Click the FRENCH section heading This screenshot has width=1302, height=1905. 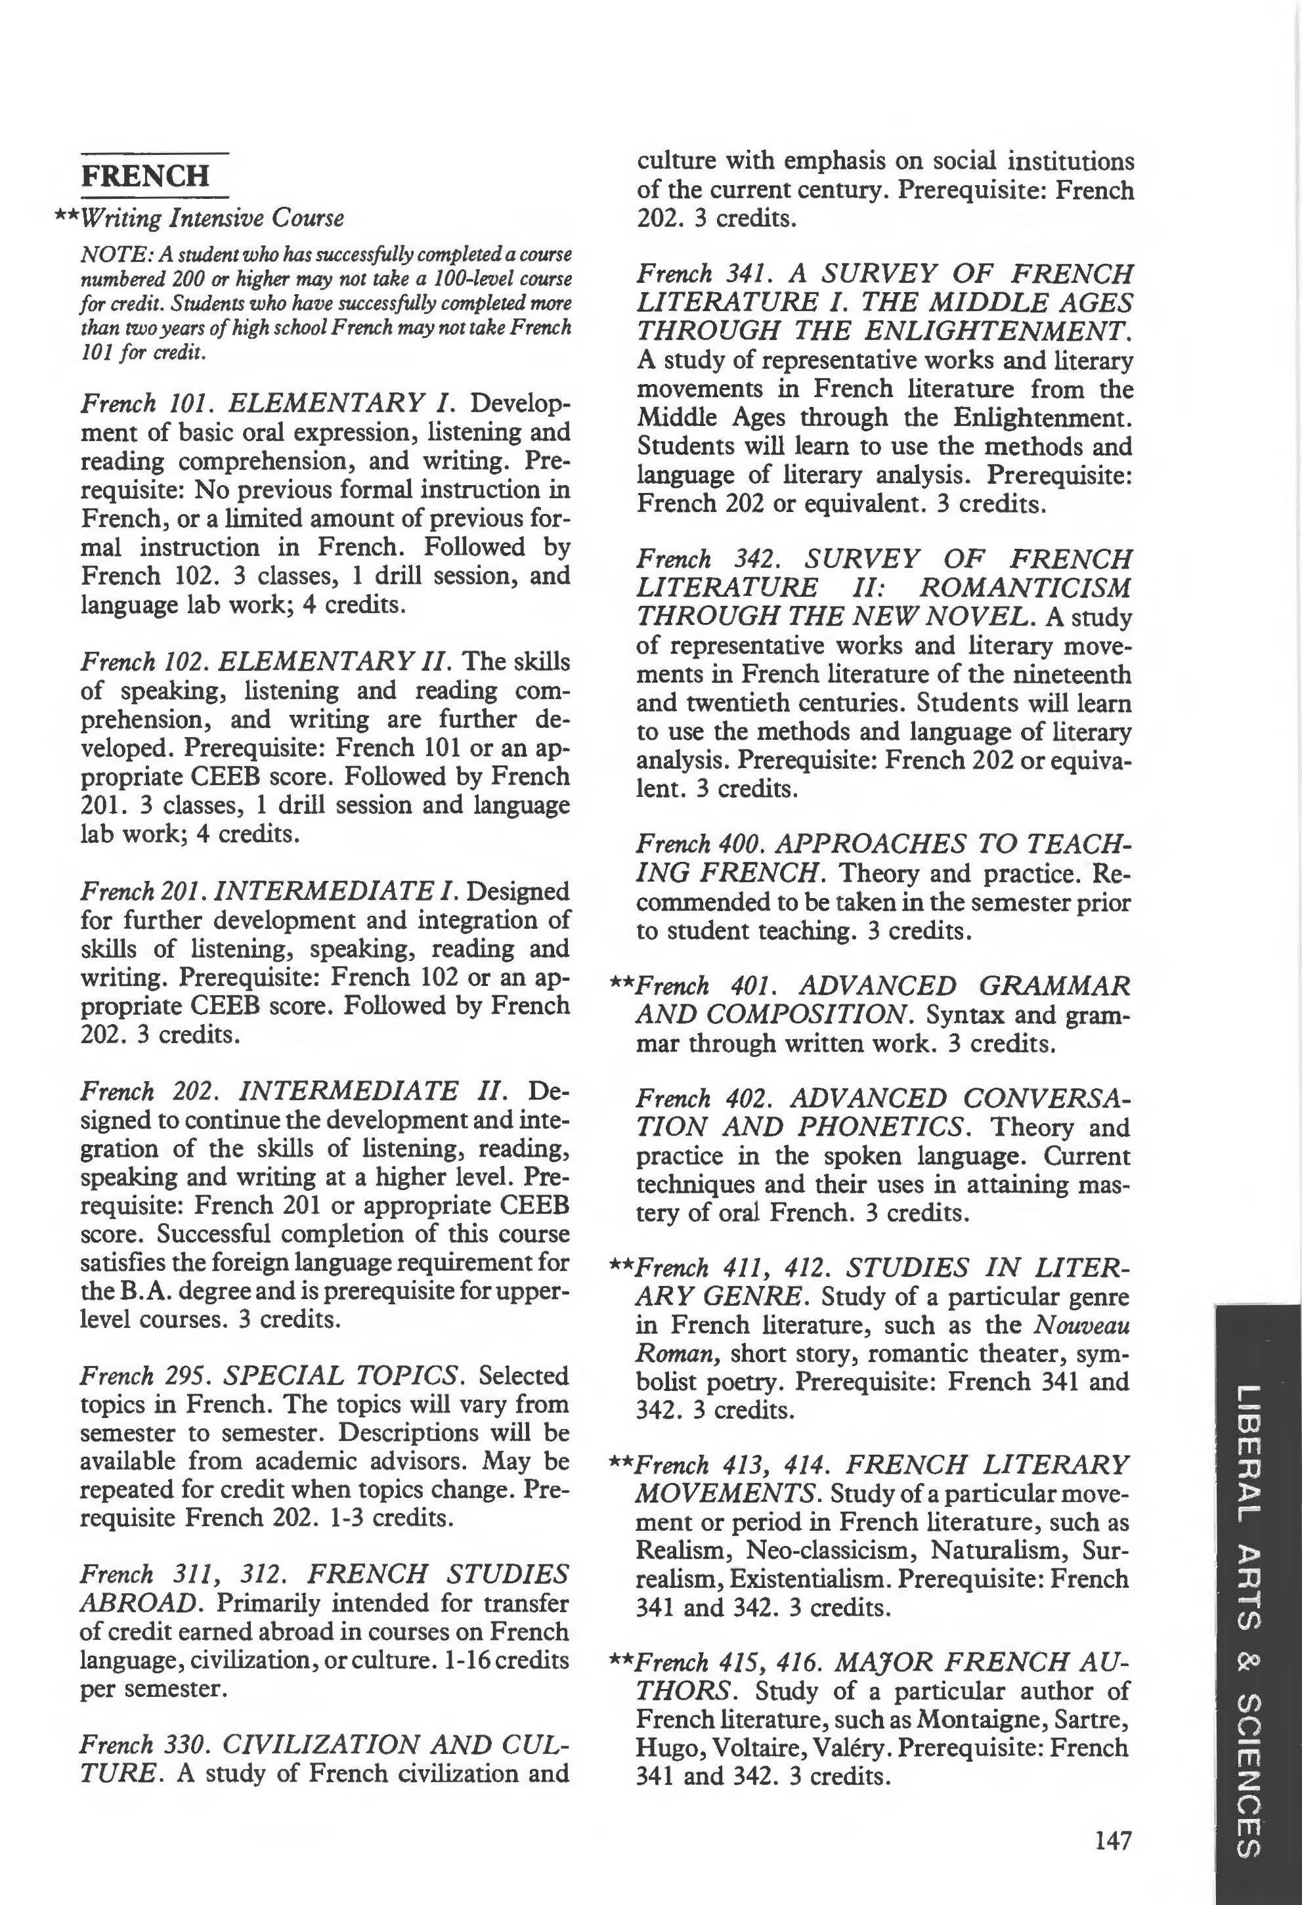[145, 175]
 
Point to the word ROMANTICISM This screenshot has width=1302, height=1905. [1024, 588]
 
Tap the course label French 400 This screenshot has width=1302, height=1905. [701, 844]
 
